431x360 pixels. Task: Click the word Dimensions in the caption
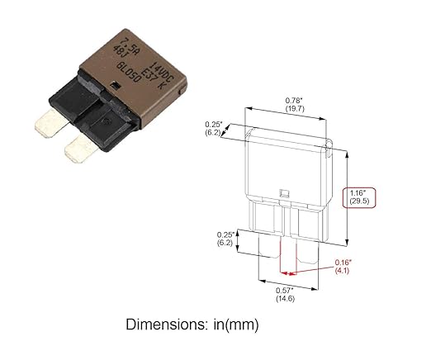pyautogui.click(x=165, y=325)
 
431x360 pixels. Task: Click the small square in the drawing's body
pyautogui.click(x=284, y=196)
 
